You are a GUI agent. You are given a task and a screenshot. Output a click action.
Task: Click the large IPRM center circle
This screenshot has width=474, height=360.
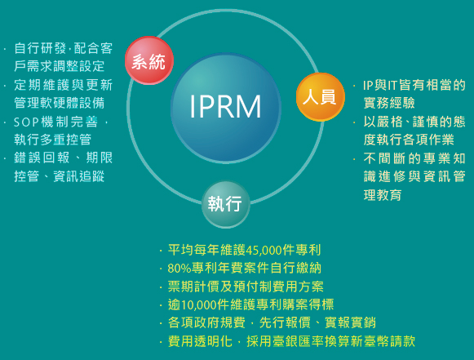coord(226,108)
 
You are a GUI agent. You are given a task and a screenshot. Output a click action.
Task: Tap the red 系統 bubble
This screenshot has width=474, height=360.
coord(149,60)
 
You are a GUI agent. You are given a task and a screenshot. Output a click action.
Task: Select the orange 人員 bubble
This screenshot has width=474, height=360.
coord(321,97)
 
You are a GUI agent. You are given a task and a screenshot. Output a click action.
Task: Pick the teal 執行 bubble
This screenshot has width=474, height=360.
coord(225,205)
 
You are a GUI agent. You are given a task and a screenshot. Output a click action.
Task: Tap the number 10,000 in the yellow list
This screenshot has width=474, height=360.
coord(199,304)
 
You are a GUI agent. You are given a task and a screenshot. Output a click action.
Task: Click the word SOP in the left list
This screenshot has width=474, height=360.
coord(26,122)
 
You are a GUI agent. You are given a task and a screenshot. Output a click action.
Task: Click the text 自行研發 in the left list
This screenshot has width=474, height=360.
coord(40,48)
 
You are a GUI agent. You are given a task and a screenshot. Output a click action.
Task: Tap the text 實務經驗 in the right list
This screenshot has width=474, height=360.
coord(389,103)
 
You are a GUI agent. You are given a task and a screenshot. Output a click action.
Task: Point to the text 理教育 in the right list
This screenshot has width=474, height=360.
coord(383,195)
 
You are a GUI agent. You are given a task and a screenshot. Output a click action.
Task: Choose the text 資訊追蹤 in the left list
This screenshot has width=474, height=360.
coord(78,176)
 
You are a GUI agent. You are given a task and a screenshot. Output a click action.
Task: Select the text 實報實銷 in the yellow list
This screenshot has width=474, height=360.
coord(350,322)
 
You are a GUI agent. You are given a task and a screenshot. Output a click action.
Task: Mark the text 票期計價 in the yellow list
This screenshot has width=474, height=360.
coord(193,287)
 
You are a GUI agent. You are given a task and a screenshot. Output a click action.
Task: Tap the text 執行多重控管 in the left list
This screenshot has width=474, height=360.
coord(52,140)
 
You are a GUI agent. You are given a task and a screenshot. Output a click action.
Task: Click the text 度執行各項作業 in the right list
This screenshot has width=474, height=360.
coord(409,140)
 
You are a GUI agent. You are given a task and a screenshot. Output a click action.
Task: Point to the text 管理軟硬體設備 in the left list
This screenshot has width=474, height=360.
coord(60,103)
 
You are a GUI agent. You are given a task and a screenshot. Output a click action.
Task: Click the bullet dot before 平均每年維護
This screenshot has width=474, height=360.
coord(161,251)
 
